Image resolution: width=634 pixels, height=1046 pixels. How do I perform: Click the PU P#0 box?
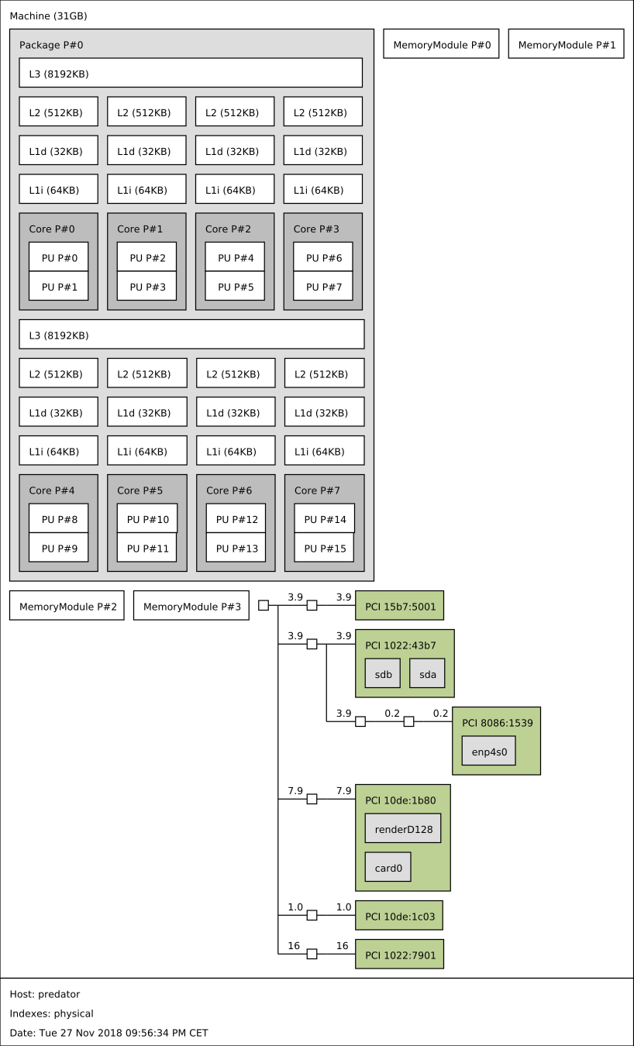(x=58, y=257)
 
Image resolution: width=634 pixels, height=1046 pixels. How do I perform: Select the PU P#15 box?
(x=324, y=548)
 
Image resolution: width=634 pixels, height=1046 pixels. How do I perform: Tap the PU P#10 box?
(x=147, y=519)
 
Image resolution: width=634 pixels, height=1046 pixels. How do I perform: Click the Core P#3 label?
(x=315, y=229)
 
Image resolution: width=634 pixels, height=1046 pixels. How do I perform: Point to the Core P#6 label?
(x=229, y=490)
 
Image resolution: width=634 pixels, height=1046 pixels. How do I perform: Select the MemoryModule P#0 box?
(x=441, y=45)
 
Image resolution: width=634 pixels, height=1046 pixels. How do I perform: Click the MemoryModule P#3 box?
(x=191, y=606)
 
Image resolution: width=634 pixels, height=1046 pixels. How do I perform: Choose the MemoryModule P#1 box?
(x=566, y=45)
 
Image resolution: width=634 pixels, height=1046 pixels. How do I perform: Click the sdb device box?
(x=383, y=674)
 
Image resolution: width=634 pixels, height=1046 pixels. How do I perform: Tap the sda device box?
(x=428, y=674)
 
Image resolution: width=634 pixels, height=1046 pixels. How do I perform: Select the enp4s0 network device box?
(x=488, y=751)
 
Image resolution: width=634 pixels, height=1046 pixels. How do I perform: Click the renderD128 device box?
(x=403, y=828)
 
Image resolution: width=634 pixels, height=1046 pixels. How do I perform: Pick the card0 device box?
(x=388, y=868)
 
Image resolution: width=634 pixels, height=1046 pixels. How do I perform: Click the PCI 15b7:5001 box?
(x=399, y=606)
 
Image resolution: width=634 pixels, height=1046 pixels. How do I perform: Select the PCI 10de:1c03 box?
(x=399, y=916)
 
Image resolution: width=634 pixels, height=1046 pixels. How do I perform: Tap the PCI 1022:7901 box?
(x=399, y=955)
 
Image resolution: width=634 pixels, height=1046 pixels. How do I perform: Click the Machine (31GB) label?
(x=48, y=15)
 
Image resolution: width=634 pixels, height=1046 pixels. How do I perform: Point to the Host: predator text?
(x=45, y=994)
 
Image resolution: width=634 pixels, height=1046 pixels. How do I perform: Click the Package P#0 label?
(x=51, y=45)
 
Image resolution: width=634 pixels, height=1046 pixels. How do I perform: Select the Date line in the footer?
(x=109, y=1033)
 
